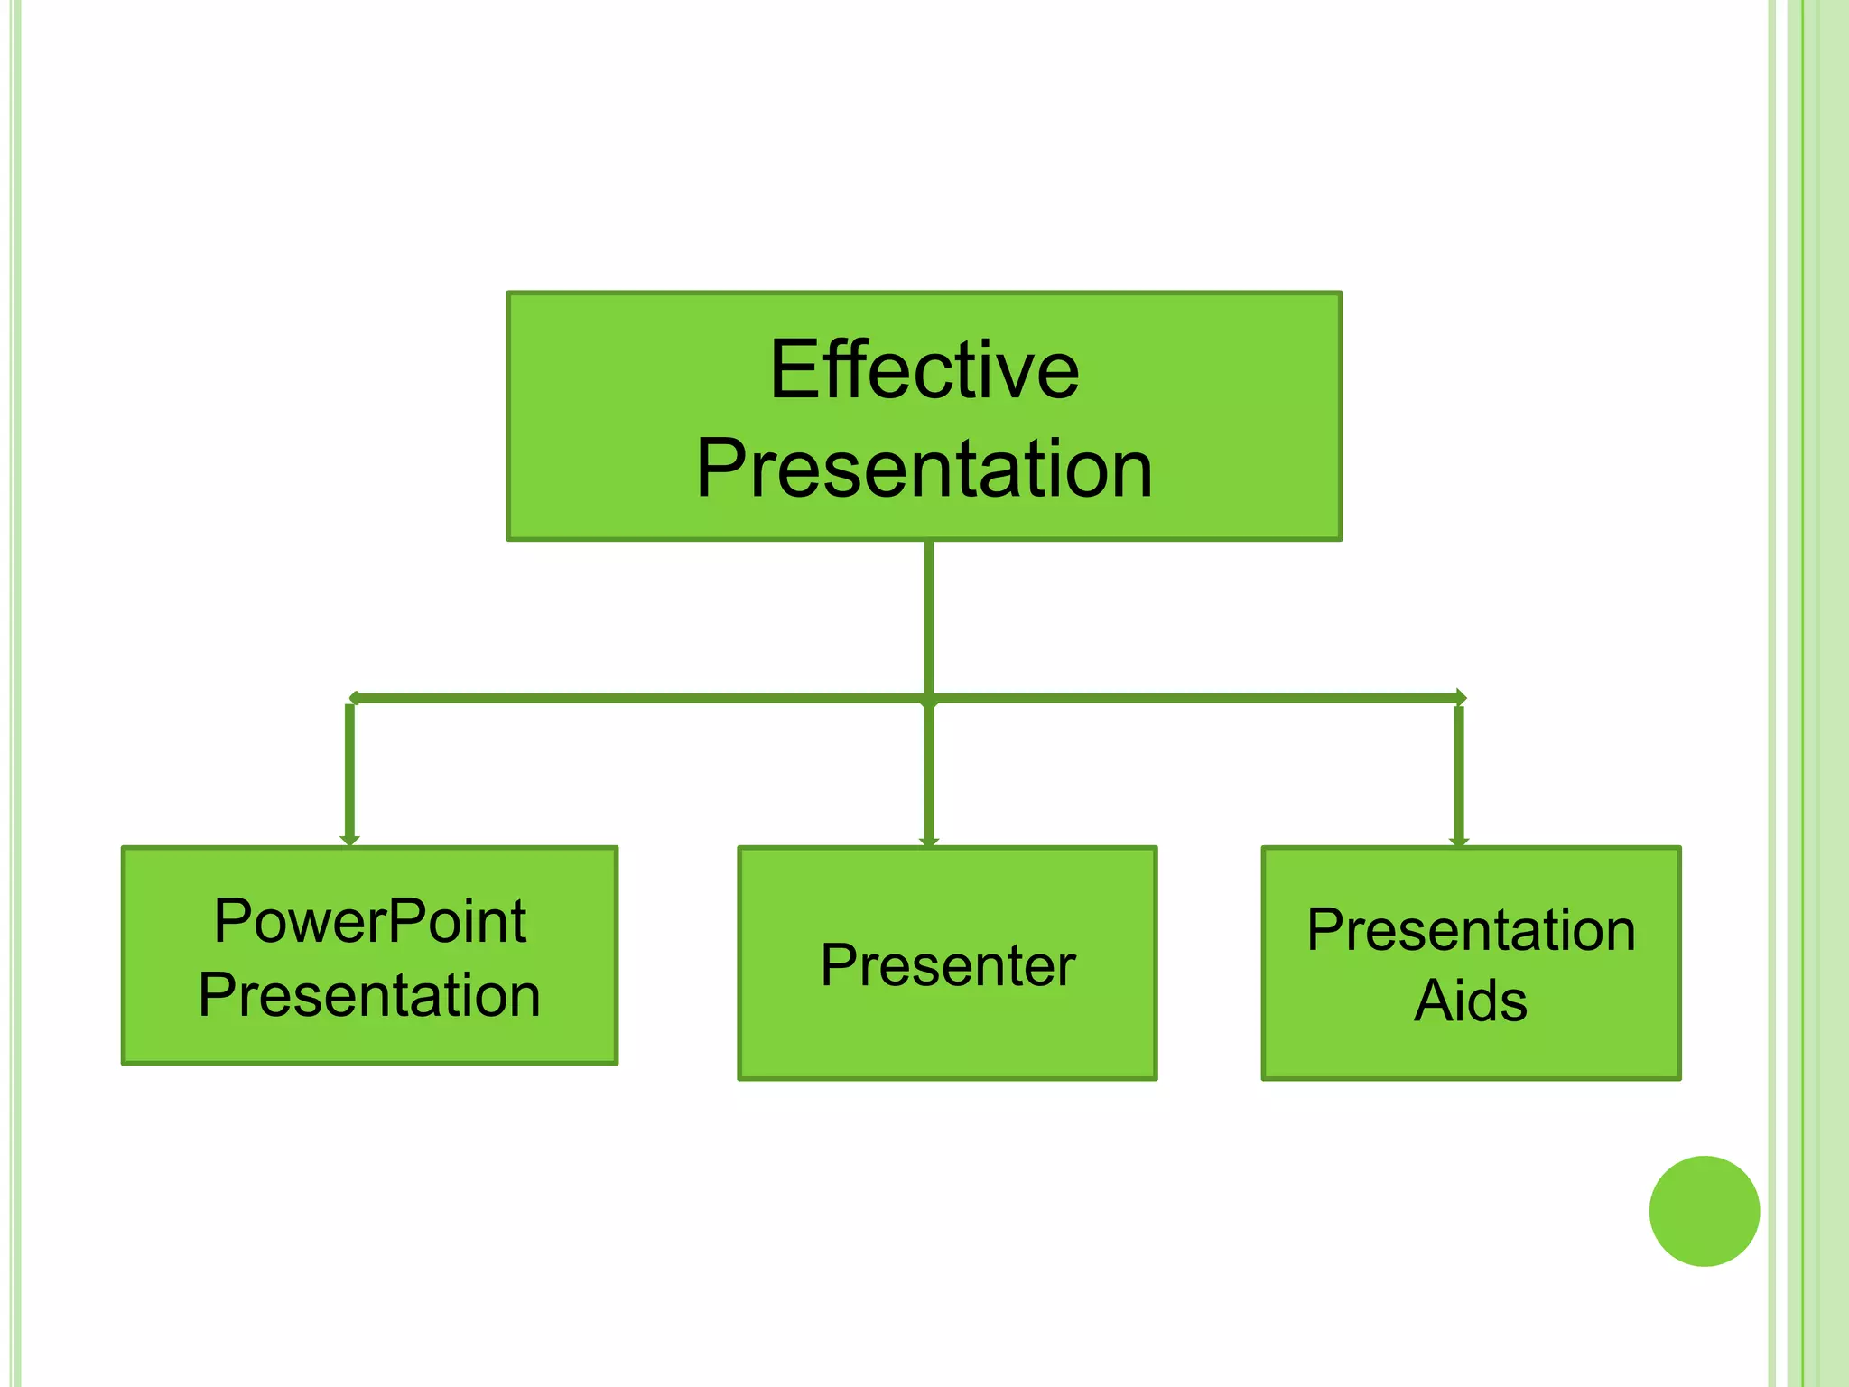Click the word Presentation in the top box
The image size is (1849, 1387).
[924, 468]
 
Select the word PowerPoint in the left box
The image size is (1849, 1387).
[370, 922]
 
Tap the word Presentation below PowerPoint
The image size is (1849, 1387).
[370, 995]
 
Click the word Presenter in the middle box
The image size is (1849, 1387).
[948, 965]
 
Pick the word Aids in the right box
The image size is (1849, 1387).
[1471, 1001]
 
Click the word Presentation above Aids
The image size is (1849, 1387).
[1471, 930]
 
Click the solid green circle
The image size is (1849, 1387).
[1704, 1211]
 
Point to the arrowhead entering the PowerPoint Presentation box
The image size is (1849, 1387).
[350, 840]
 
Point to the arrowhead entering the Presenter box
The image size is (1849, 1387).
[929, 841]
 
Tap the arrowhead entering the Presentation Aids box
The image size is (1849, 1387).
[1459, 841]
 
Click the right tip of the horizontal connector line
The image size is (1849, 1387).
[1462, 697]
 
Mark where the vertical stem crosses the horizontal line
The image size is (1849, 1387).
[929, 699]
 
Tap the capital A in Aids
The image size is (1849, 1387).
[1434, 1001]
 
